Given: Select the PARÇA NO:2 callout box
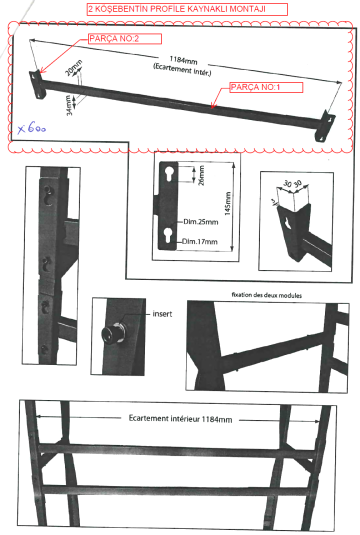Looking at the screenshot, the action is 125,39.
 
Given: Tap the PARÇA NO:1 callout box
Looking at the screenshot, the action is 266,87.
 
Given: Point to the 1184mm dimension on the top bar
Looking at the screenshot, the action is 183,60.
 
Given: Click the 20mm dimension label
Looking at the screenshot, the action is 73,67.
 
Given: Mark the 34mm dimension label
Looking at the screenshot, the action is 69,105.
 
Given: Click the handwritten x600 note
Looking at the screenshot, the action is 31,128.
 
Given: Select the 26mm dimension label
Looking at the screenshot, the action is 201,175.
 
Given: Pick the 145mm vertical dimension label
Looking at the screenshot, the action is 227,203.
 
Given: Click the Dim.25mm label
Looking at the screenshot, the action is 200,222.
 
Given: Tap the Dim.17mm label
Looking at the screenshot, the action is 199,241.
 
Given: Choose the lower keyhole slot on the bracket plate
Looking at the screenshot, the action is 168,234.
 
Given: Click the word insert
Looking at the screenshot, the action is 162,314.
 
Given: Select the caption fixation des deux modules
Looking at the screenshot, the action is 266,295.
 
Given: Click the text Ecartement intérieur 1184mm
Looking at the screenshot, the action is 180,418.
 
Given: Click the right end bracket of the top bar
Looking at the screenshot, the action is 324,126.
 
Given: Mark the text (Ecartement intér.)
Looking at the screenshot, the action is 182,69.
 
